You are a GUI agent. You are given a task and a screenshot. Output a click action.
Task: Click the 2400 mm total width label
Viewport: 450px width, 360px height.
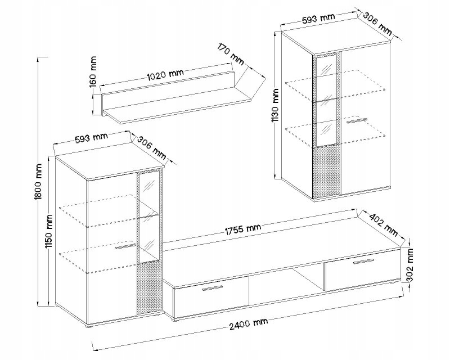[249, 324]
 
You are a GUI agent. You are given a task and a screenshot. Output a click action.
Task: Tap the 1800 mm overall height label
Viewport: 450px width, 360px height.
[38, 182]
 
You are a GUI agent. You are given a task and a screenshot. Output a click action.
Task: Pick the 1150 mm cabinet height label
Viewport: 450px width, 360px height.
[49, 232]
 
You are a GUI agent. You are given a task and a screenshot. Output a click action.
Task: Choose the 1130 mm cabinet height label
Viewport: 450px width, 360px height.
[276, 105]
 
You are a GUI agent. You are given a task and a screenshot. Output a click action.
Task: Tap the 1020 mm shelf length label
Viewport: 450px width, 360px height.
[165, 74]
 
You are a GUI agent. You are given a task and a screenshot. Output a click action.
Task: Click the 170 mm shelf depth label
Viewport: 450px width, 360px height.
[231, 53]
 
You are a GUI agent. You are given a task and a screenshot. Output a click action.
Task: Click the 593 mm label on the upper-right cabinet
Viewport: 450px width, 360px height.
[318, 18]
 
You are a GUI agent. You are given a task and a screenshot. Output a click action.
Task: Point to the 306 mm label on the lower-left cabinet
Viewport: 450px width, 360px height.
[152, 148]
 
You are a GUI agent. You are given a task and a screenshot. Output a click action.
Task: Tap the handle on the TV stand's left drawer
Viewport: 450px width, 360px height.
[213, 288]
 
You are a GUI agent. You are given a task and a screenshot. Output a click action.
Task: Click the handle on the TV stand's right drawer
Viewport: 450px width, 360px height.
[363, 261]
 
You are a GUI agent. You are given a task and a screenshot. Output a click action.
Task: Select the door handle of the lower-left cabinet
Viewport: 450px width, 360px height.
[125, 246]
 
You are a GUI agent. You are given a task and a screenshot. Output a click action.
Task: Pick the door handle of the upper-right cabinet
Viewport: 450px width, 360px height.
[357, 120]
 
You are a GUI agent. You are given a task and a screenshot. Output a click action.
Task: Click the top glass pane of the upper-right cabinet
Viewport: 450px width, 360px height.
[326, 65]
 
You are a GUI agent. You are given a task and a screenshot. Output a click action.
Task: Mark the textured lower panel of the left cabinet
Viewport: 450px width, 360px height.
[148, 287]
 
